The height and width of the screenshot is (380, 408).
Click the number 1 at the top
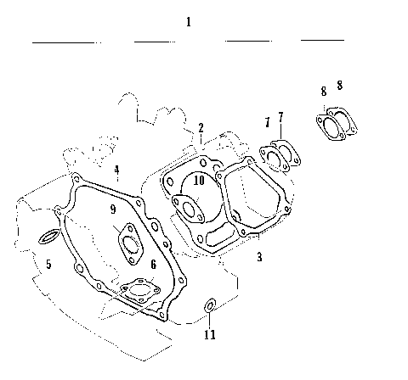[x=188, y=21]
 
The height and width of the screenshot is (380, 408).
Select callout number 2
[x=201, y=128]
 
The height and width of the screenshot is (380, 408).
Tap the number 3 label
[x=259, y=255]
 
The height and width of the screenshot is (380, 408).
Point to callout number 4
[x=117, y=170]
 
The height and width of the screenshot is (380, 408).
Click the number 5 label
[x=48, y=265]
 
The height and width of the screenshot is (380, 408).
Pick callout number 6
[x=153, y=265]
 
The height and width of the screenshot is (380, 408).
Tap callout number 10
[x=197, y=180]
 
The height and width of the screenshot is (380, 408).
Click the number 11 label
[x=210, y=334]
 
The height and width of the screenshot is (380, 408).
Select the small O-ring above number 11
[x=210, y=305]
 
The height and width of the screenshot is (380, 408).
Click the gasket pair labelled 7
[x=276, y=154]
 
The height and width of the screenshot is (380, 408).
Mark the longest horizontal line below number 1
[x=64, y=42]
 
